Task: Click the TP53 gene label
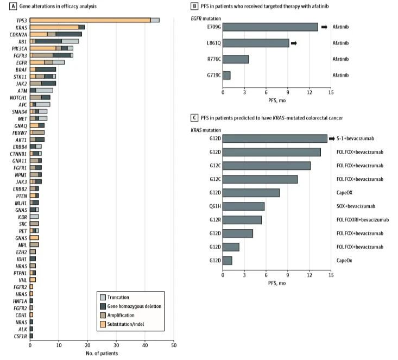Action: point(21,20)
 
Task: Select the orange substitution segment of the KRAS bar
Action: point(54,27)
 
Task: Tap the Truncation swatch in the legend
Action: point(102,298)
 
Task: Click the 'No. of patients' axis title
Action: point(102,353)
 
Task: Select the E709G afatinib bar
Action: point(270,27)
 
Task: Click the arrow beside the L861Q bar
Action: point(294,43)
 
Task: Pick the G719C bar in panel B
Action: point(226,75)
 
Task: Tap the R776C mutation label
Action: point(213,59)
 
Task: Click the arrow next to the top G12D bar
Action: point(333,138)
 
